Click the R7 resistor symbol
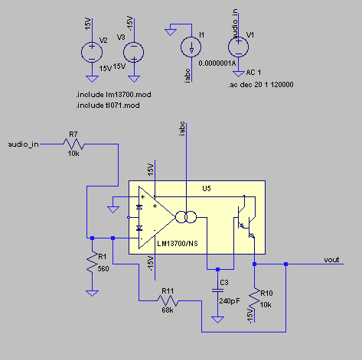(x=74, y=144)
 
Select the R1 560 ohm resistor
(x=92, y=262)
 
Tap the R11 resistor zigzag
(x=168, y=300)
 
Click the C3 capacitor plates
(x=217, y=290)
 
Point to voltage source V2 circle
(x=92, y=52)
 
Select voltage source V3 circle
(x=134, y=52)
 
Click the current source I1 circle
(x=191, y=47)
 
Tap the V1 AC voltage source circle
(x=238, y=47)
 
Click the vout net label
(x=331, y=260)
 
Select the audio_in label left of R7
(x=23, y=144)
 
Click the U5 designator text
(x=207, y=188)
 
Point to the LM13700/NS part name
(x=178, y=244)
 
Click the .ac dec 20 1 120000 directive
(x=261, y=85)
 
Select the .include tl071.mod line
(x=108, y=105)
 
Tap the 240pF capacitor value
(x=230, y=301)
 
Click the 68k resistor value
(x=168, y=310)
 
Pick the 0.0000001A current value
(x=217, y=63)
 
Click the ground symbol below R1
(x=92, y=294)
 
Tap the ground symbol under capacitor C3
(x=217, y=319)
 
